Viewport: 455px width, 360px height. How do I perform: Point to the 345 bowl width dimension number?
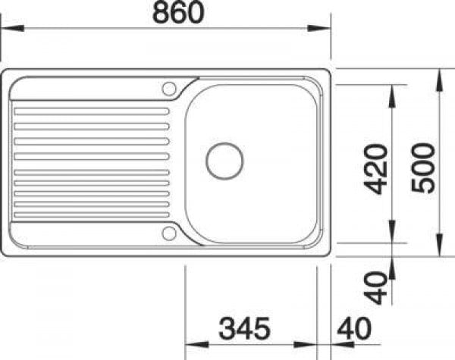pyautogui.click(x=245, y=328)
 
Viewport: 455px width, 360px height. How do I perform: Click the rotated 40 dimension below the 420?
pyautogui.click(x=377, y=286)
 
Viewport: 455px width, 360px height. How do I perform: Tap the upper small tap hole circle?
pyautogui.click(x=168, y=88)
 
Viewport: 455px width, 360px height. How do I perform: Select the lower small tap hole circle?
pyautogui.click(x=168, y=233)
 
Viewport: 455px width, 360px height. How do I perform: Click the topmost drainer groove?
pyautogui.click(x=91, y=111)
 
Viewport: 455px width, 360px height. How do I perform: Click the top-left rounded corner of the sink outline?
pyautogui.click(x=7, y=74)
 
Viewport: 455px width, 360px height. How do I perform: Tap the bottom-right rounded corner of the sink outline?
pyautogui.click(x=326, y=251)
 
